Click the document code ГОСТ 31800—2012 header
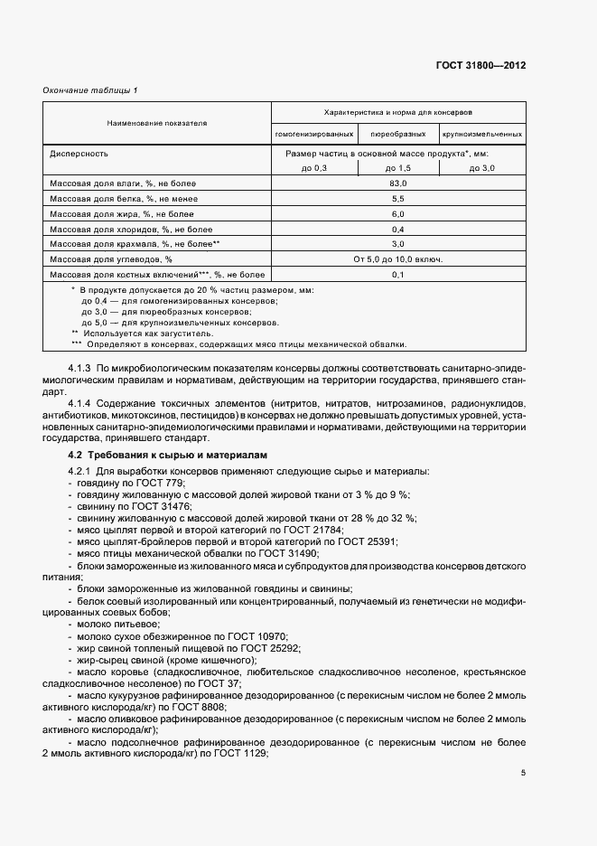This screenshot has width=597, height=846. [x=480, y=65]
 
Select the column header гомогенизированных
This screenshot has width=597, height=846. [x=313, y=134]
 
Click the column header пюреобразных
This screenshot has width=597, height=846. [x=397, y=134]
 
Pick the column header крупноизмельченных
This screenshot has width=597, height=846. [x=482, y=134]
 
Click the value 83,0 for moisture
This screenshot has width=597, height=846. [x=397, y=183]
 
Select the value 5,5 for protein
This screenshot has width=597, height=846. [x=397, y=198]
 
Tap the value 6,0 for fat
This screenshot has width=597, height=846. [x=397, y=213]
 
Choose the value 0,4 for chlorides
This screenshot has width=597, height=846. [x=397, y=229]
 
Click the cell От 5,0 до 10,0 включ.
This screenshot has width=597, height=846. [x=397, y=258]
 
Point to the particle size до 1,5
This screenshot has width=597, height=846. [x=397, y=169]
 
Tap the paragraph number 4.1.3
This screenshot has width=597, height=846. [x=80, y=369]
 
